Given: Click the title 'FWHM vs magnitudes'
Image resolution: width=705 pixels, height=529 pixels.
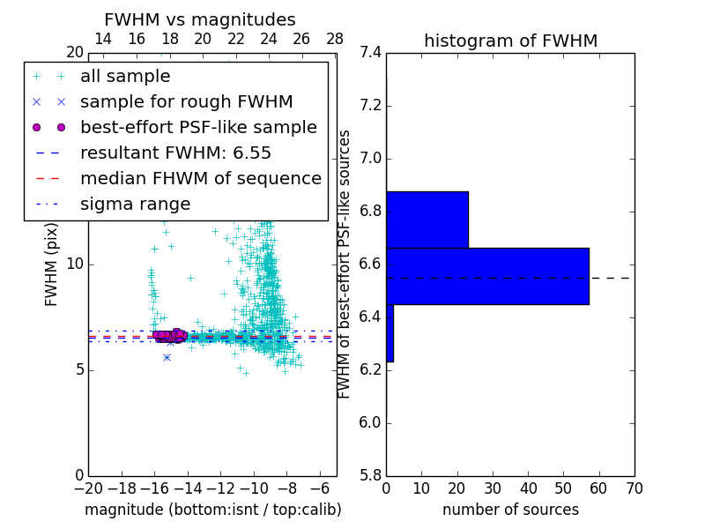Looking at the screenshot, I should [x=200, y=20].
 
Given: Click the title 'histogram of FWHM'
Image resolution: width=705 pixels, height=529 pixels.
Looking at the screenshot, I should [x=510, y=41].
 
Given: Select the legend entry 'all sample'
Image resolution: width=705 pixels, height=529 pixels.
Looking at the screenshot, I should [x=125, y=77].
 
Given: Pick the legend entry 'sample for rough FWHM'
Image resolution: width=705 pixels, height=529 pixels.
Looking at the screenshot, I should [x=186, y=102].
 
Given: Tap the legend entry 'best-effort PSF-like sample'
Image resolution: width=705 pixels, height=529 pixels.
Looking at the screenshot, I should [x=198, y=128].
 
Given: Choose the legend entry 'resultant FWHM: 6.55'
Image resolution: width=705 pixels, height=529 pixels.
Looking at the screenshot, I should [x=175, y=153].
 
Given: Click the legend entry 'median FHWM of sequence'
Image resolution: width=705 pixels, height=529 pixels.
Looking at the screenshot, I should [x=200, y=179].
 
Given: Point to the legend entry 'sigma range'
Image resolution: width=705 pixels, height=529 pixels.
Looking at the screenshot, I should [x=135, y=205].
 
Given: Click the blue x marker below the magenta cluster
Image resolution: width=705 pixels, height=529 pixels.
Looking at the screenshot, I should [x=167, y=357].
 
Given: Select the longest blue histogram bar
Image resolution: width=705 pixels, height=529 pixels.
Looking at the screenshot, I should [x=487, y=276].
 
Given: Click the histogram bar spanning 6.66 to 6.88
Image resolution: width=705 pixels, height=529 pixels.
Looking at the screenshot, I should [x=427, y=220].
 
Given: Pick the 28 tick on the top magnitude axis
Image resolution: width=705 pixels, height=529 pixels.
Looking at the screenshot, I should [x=335, y=39].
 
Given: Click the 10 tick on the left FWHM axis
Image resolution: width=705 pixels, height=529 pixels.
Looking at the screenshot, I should [x=74, y=264].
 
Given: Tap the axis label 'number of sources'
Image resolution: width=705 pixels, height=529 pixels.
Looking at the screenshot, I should [x=510, y=510].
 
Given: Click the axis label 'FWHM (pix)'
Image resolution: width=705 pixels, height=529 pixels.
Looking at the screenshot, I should [x=52, y=265].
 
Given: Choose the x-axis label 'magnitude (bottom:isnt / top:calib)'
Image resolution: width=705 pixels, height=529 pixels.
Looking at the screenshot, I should [x=212, y=510].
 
